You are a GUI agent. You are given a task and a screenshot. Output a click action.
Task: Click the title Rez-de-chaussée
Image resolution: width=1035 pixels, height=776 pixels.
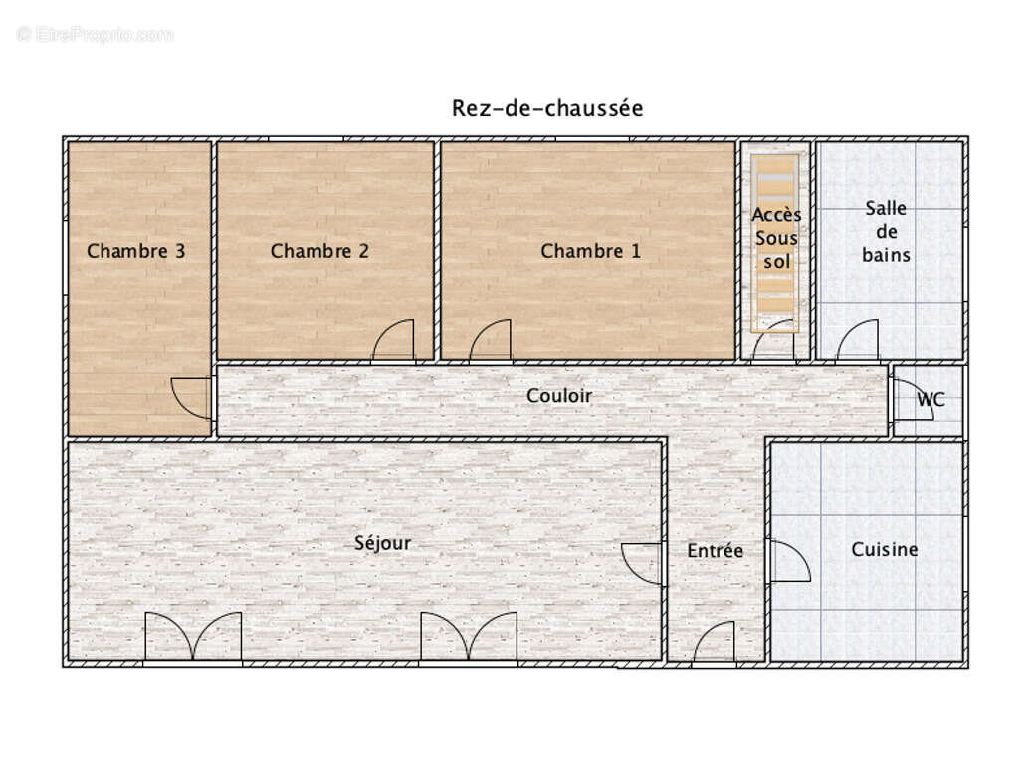(547, 108)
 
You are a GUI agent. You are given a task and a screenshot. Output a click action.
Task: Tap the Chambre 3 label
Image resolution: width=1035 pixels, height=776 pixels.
(136, 251)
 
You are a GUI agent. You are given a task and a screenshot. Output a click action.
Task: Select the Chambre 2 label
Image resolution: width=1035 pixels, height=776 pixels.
(319, 251)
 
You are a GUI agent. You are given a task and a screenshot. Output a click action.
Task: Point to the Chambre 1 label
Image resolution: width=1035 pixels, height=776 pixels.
(590, 251)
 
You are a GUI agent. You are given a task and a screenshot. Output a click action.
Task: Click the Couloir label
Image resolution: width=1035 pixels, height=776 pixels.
(559, 396)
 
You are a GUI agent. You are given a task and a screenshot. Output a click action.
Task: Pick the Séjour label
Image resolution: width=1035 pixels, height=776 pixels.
(383, 543)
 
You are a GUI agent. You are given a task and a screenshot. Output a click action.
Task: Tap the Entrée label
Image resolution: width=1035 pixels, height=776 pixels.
(716, 551)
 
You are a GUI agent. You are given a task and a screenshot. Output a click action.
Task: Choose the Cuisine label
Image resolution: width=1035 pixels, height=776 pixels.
(885, 549)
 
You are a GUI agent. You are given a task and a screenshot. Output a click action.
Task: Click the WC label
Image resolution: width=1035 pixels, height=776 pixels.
(931, 400)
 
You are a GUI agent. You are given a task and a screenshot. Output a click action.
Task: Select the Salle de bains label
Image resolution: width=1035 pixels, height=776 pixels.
(886, 232)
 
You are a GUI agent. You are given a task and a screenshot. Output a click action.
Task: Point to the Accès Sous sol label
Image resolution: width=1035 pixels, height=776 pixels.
(776, 239)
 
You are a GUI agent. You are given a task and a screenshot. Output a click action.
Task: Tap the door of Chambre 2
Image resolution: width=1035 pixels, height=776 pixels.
(393, 341)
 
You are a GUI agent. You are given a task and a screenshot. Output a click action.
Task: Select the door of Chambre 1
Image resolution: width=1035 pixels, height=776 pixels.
(490, 341)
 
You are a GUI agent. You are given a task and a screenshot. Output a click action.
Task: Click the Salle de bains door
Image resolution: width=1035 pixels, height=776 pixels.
(857, 341)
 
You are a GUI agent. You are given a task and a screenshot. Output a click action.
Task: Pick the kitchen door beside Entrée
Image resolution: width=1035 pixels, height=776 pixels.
(790, 561)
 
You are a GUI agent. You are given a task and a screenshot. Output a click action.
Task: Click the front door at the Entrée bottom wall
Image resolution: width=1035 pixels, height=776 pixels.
(714, 642)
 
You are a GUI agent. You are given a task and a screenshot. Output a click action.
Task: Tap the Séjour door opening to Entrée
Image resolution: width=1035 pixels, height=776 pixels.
(643, 563)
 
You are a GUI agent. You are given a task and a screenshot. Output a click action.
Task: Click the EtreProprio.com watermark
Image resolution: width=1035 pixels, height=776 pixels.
(95, 34)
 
